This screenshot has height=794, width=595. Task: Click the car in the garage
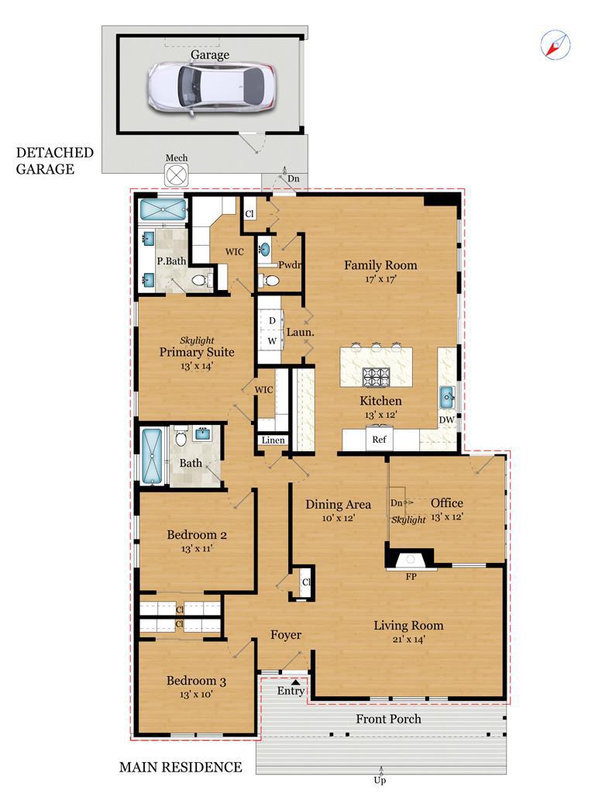(212, 87)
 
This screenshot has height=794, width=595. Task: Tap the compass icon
(555, 44)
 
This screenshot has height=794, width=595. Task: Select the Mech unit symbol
(176, 176)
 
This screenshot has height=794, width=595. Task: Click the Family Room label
(380, 265)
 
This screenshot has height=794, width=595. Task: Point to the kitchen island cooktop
(376, 377)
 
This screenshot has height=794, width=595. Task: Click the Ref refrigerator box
(380, 440)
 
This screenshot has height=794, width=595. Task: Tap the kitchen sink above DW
(446, 396)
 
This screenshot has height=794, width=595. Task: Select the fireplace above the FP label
(411, 559)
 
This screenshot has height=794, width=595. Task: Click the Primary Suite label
(197, 352)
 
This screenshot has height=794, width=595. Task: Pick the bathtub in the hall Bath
(152, 456)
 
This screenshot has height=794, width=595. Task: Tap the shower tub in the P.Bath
(163, 209)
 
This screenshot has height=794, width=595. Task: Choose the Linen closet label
(273, 440)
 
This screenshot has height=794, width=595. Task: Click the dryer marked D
(272, 321)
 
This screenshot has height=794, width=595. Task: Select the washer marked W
(272, 341)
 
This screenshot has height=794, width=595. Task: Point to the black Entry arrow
(296, 683)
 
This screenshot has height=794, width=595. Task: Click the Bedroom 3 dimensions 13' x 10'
(196, 695)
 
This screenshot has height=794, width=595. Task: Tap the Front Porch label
(388, 719)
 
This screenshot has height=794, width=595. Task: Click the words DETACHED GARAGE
(55, 161)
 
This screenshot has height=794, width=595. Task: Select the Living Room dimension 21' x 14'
(409, 640)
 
